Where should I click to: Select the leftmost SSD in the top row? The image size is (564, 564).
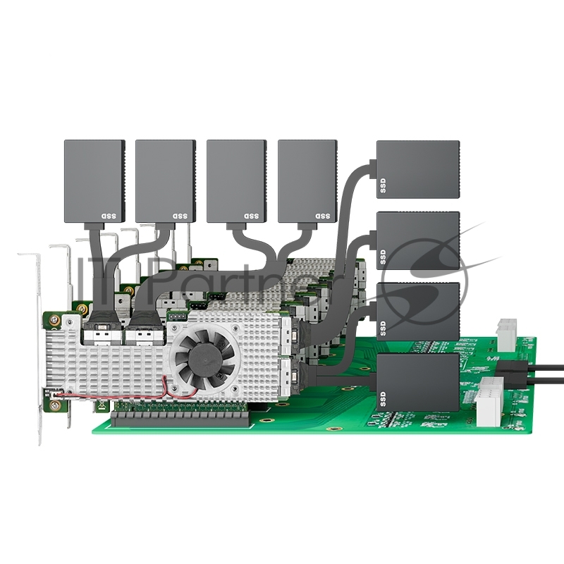pyautogui.click(x=94, y=180)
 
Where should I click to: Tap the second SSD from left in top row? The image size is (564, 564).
pyautogui.click(x=165, y=180)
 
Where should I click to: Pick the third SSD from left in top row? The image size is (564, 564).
pyautogui.click(x=236, y=180)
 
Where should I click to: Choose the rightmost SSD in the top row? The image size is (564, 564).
pyautogui.click(x=307, y=180)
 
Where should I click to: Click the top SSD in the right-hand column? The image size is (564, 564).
pyautogui.click(x=418, y=169)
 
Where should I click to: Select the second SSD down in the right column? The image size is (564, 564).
pyautogui.click(x=418, y=240)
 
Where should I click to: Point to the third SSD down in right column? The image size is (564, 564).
pyautogui.click(x=418, y=310)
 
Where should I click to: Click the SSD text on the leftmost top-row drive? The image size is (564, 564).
pyautogui.click(x=108, y=215)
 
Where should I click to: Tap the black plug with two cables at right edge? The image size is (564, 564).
pyautogui.click(x=510, y=373)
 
